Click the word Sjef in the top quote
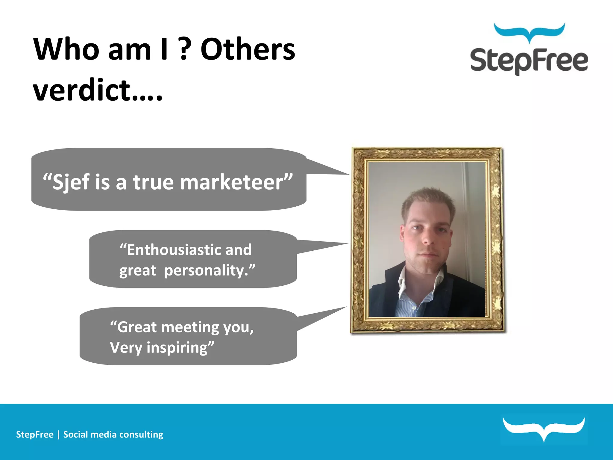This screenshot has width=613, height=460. [71, 182]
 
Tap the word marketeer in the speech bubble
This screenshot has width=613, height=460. [232, 182]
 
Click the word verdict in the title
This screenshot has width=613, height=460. [81, 90]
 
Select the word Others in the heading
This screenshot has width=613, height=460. [248, 49]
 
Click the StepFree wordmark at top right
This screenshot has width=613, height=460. [529, 61]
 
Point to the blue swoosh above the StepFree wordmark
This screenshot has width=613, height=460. [529, 31]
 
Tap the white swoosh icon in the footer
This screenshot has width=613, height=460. [544, 428]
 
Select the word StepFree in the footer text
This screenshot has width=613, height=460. [35, 435]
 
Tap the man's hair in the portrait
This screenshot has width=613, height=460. [428, 199]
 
